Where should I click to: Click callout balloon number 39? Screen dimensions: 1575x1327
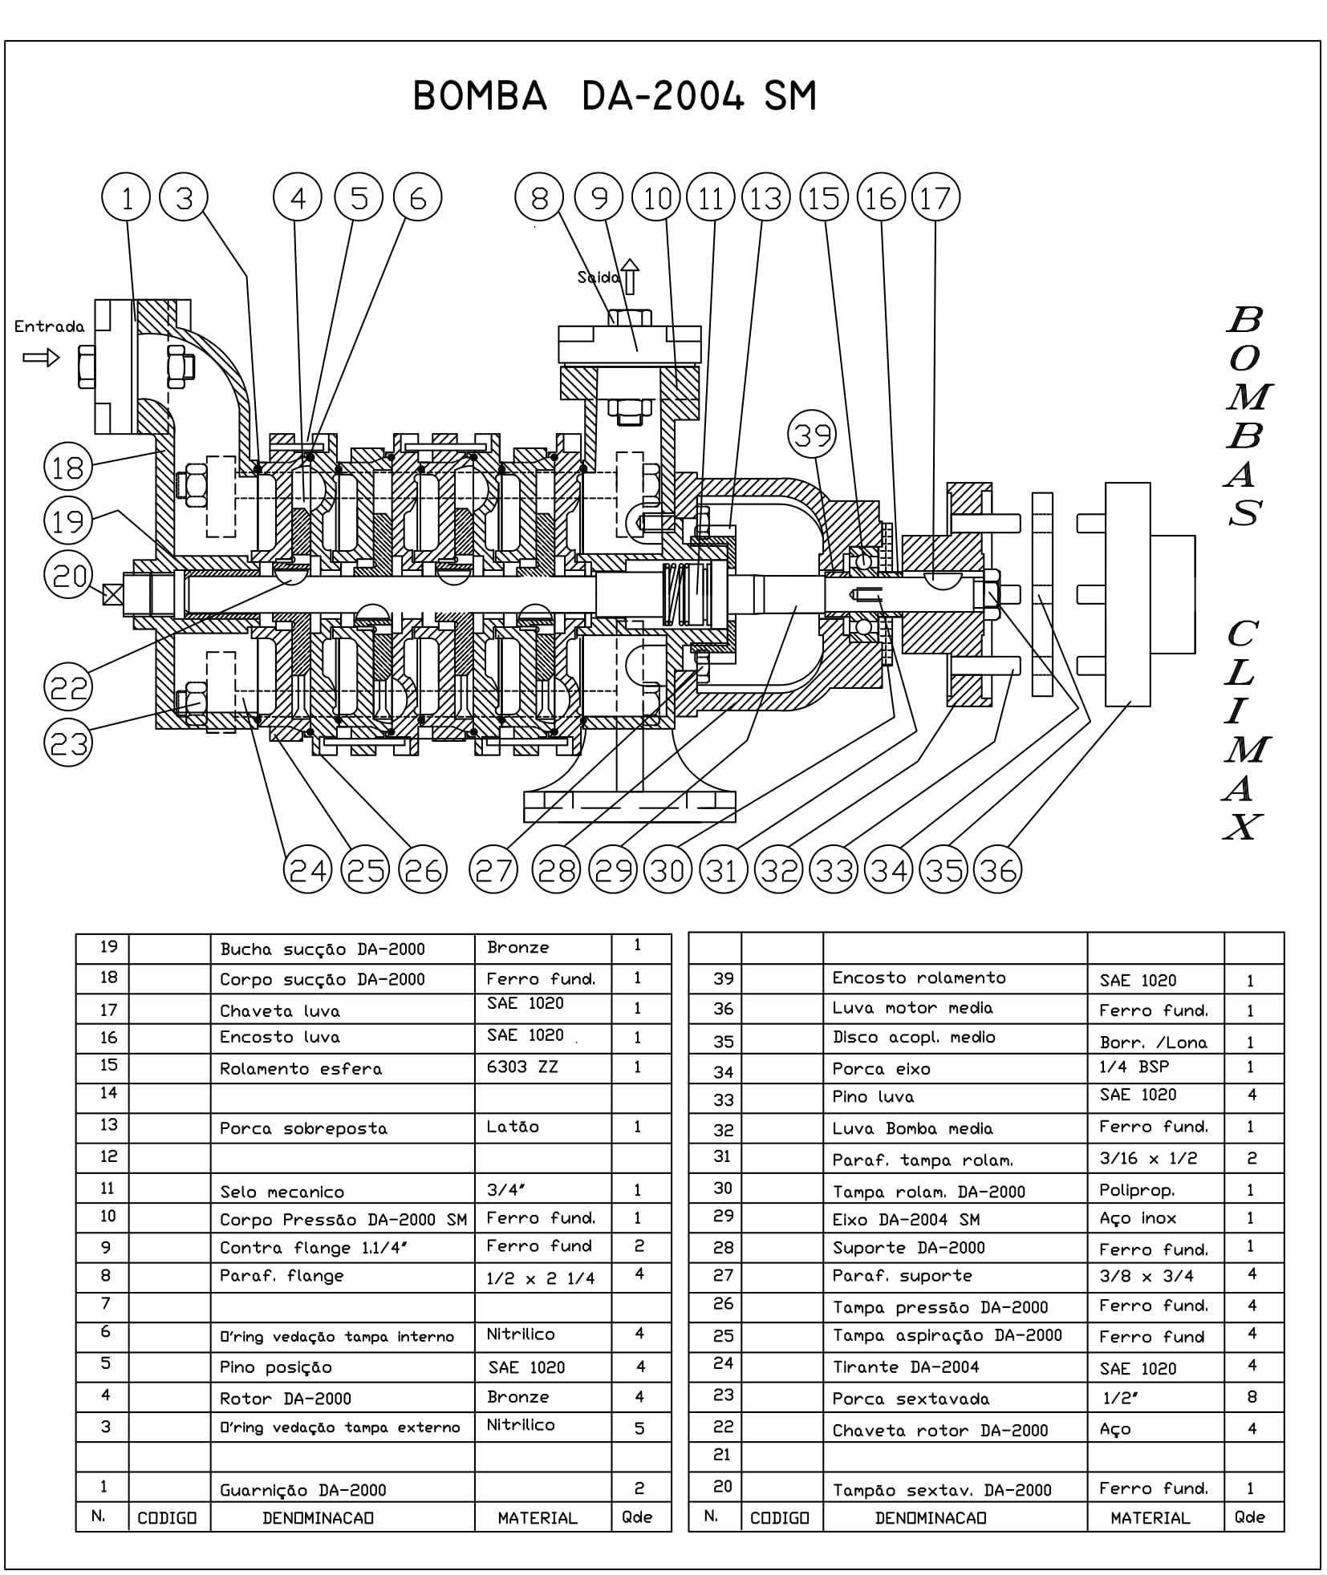coord(812,435)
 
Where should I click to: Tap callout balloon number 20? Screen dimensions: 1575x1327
coord(69,575)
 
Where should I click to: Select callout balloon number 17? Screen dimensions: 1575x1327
coord(935,197)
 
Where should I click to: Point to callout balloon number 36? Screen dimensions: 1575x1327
coord(997,870)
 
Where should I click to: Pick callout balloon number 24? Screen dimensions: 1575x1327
coord(308,870)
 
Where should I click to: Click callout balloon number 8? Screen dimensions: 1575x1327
coord(539,197)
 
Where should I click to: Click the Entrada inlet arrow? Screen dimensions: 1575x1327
coord(41,357)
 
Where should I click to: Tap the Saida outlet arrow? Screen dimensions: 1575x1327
coord(631,276)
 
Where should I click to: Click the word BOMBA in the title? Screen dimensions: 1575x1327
coord(480,96)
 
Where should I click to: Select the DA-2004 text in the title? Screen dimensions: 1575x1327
coord(662,96)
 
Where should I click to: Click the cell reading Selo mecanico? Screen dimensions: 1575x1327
coord(282,1192)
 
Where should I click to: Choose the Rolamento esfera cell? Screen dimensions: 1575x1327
coord(301,1069)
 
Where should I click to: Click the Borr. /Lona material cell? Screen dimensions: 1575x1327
coord(1153,1043)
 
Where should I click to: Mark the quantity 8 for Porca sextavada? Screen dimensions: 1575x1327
coord(1252,1397)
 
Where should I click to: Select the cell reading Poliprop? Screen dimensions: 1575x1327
coord(1137,1191)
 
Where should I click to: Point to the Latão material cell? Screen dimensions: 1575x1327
coord(513,1127)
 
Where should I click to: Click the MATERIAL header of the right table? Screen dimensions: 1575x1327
coord(1150,1518)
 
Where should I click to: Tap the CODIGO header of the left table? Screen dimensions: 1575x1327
coord(168,1518)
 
